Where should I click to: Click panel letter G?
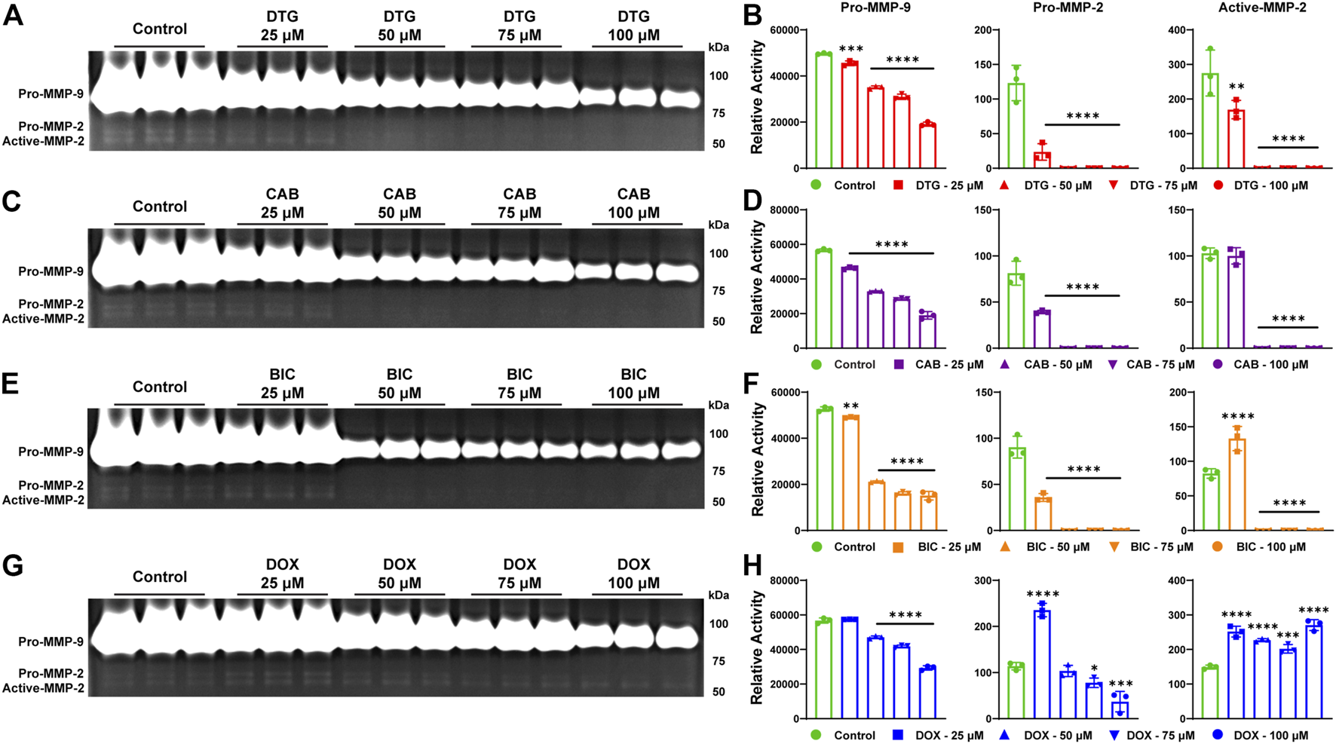pyautogui.click(x=12, y=565)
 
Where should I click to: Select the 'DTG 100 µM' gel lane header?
pyautogui.click(x=633, y=26)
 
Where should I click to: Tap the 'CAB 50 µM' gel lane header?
pyautogui.click(x=399, y=204)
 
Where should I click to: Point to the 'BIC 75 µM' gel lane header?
pyautogui.click(x=519, y=384)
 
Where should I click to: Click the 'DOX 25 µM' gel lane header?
pyautogui.click(x=282, y=574)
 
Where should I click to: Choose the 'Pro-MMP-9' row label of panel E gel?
pyautogui.click(x=51, y=452)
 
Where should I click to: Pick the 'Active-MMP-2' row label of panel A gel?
pyautogui.click(x=43, y=141)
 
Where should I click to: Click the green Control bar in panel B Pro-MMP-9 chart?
pyautogui.click(x=823, y=111)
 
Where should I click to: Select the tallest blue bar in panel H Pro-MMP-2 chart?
pyautogui.click(x=1043, y=663)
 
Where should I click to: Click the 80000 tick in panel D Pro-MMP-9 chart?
pyautogui.click(x=784, y=210)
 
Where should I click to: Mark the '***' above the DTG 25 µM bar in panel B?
pyautogui.click(x=851, y=50)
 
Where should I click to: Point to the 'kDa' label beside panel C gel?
pyautogui.click(x=719, y=225)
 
